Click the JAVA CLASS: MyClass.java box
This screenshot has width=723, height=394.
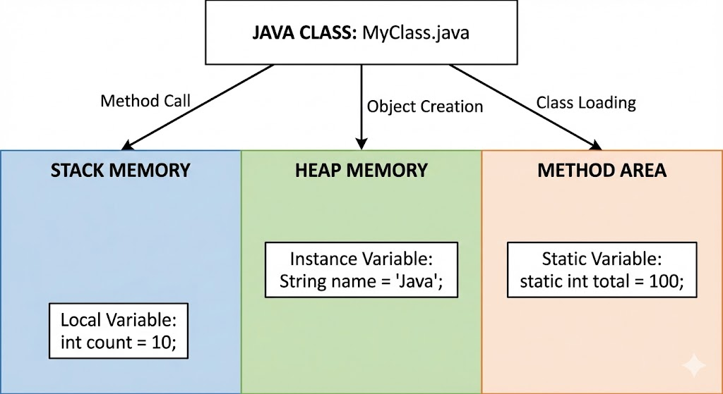pos(361,32)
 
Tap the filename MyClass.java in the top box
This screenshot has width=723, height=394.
pos(416,33)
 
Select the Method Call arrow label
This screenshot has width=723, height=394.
pos(145,101)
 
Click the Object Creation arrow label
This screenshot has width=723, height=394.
pos(424,106)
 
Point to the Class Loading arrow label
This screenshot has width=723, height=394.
pos(586,103)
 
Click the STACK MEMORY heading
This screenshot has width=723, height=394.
pos(120,171)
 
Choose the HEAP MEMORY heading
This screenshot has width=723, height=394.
pos(361,171)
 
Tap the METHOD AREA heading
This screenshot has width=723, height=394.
pos(602,171)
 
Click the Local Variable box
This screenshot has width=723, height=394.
pos(119,331)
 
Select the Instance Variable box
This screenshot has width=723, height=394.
pos(361,270)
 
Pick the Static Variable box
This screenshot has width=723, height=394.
pos(602,270)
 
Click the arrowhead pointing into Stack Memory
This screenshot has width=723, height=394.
pos(127,145)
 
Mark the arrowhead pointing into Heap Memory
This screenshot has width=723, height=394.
pos(361,144)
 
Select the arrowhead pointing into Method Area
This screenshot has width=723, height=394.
pos(595,145)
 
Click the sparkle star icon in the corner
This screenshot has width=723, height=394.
pos(694,366)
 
